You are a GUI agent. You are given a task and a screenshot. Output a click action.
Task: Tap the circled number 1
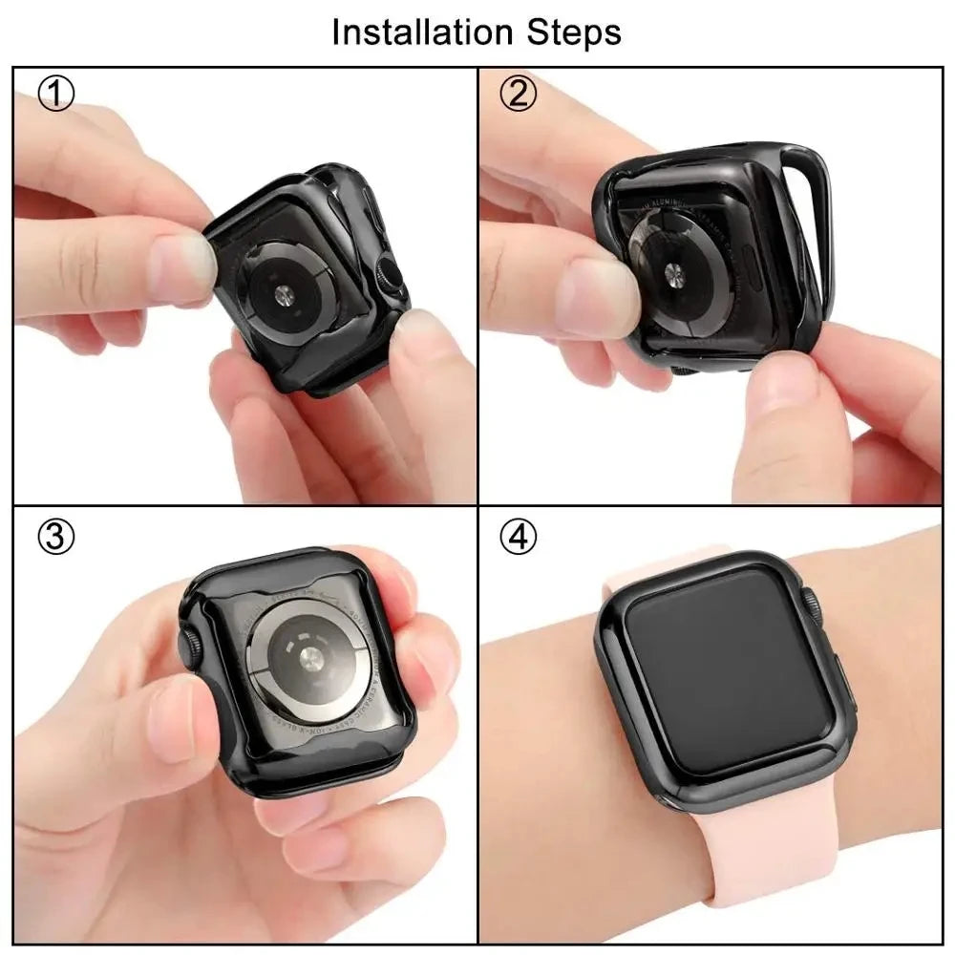click(56, 95)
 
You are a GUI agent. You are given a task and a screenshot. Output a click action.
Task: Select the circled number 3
click(55, 538)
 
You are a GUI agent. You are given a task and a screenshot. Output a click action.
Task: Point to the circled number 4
click(519, 538)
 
